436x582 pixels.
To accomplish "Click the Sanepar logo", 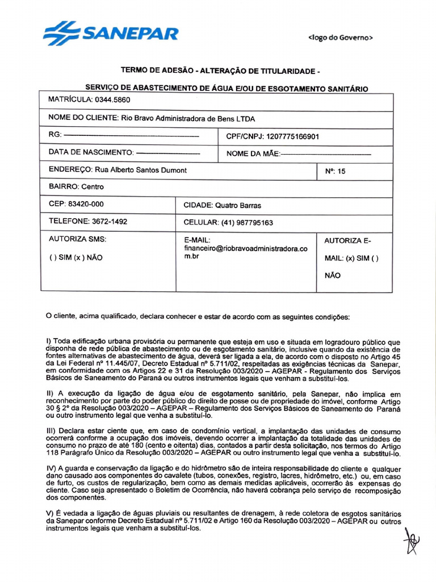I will tap(111, 34).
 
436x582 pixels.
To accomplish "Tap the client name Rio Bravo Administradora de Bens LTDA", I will tap(187, 119).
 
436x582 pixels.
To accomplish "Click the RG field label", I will tap(56, 136).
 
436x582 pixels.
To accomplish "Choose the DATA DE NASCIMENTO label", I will tap(91, 153).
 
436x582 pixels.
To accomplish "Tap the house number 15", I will tap(341, 171).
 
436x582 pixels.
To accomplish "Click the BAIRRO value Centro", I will tap(93, 186).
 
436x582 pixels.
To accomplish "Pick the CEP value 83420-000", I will tap(86, 203).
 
